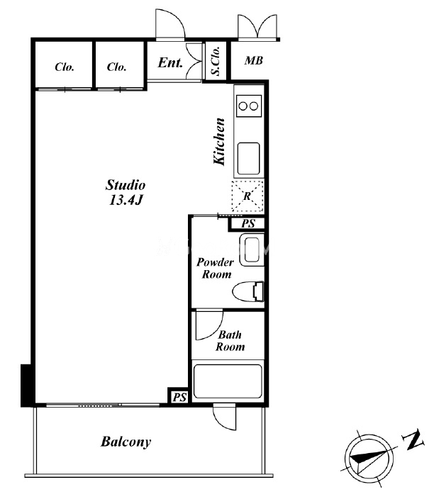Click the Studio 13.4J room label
126,192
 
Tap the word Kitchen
219,141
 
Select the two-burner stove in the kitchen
249,106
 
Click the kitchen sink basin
248,159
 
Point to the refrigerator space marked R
247,196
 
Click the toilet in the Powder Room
248,291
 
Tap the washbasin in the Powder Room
252,250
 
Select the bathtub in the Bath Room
228,381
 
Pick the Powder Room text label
216,268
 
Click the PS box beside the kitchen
248,224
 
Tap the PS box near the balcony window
179,397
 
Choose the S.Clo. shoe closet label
216,61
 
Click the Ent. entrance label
169,62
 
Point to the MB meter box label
254,60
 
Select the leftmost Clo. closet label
65,67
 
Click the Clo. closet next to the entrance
116,67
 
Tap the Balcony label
126,442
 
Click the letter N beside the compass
413,440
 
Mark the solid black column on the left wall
26,386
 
